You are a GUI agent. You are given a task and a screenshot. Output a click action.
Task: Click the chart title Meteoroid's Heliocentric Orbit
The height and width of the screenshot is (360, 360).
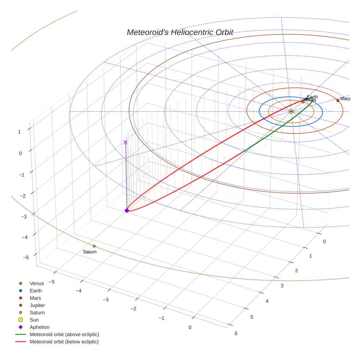[180, 32]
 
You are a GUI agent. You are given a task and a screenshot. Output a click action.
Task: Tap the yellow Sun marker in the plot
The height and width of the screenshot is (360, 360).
[291, 111]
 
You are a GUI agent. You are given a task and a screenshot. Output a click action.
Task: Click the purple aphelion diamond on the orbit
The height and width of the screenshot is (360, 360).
[127, 210]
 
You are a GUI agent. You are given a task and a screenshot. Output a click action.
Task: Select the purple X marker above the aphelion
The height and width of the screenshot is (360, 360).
[125, 142]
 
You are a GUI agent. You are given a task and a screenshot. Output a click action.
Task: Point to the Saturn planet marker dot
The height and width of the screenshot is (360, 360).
[94, 246]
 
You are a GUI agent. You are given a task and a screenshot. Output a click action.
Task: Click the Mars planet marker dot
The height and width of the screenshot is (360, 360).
[338, 100]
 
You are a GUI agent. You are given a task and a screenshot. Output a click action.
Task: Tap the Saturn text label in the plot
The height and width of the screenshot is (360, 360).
[90, 252]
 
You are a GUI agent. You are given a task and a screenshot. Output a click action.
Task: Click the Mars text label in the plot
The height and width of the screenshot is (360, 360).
[345, 99]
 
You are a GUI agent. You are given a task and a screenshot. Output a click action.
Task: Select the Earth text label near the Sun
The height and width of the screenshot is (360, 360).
[312, 97]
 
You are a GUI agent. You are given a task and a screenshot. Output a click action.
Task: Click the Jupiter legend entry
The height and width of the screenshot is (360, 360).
[37, 305]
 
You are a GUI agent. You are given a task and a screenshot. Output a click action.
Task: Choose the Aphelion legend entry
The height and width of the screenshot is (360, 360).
[39, 327]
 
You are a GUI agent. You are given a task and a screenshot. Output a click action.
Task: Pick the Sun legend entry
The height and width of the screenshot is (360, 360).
[35, 320]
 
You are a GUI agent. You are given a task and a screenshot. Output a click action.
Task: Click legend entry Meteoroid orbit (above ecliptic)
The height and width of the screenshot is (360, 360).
[64, 334]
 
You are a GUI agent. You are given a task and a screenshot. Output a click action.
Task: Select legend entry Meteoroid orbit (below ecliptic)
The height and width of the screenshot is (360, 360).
[64, 342]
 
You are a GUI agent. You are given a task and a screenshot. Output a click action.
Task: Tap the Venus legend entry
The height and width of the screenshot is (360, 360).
[37, 283]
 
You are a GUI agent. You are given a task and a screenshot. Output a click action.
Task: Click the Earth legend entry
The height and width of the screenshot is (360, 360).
[35, 290]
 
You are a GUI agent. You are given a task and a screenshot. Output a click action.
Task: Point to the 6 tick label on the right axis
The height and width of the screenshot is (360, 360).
[236, 333]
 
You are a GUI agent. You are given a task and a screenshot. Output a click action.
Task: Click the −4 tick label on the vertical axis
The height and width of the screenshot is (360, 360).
[26, 237]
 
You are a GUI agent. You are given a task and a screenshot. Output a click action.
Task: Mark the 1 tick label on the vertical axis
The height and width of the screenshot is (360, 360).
[19, 132]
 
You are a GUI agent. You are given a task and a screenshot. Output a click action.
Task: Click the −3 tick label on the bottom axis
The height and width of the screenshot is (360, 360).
[105, 300]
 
